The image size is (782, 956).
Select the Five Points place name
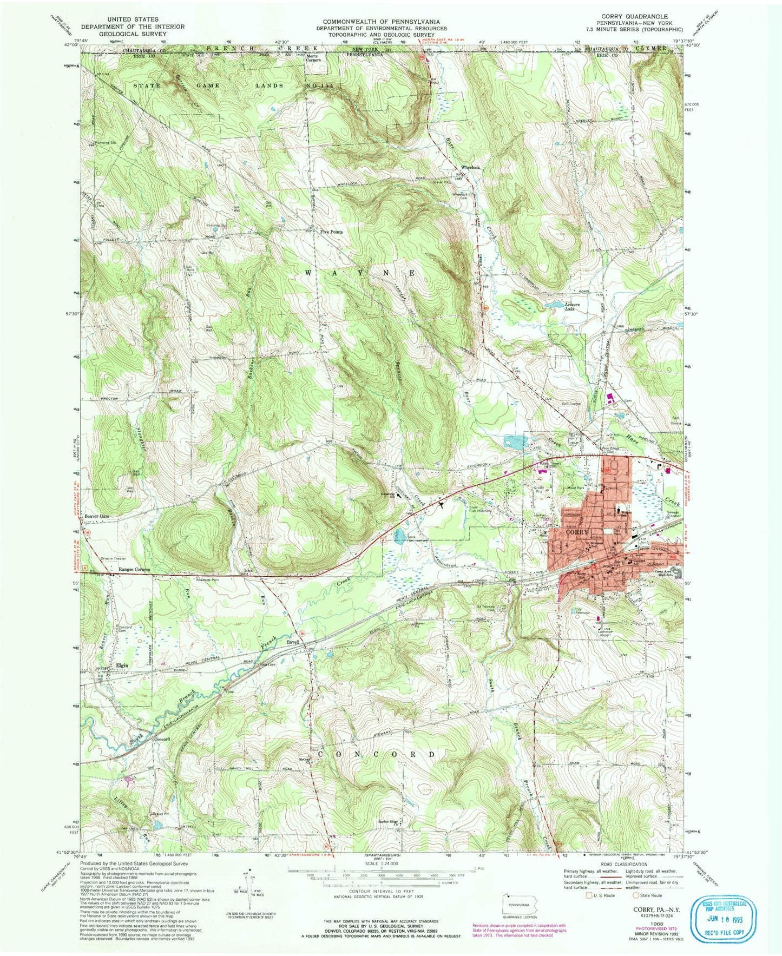[331, 232]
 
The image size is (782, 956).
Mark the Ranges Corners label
[134, 570]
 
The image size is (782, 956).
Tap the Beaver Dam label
[97, 516]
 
